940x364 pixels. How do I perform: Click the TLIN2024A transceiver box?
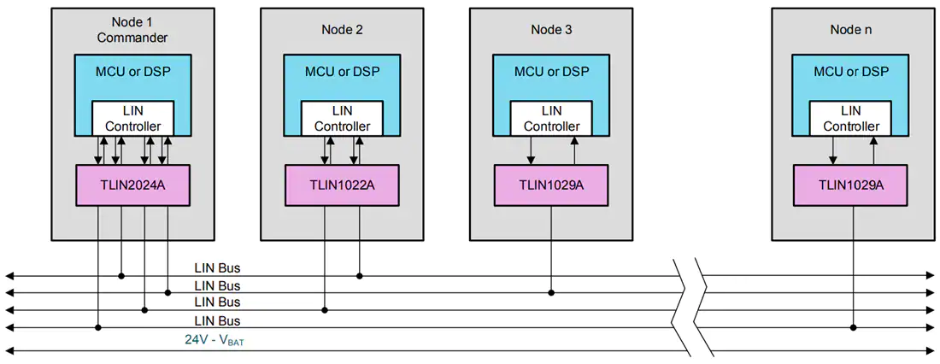pyautogui.click(x=132, y=185)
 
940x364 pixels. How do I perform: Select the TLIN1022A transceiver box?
pyautogui.click(x=342, y=185)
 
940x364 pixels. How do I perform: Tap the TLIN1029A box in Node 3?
pyautogui.click(x=551, y=185)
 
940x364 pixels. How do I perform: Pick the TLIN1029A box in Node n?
pyautogui.click(x=850, y=185)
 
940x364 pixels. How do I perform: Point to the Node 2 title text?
pyautogui.click(x=342, y=29)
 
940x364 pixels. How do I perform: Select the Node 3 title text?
pyautogui.click(x=551, y=29)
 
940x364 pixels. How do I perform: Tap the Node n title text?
pyautogui.click(x=850, y=29)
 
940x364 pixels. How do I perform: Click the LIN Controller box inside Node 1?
pyautogui.click(x=132, y=118)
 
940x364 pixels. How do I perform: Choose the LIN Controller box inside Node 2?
pyautogui.click(x=342, y=118)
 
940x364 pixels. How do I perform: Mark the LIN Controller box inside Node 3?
pyautogui.click(x=551, y=118)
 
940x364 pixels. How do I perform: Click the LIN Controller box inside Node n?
pyautogui.click(x=850, y=118)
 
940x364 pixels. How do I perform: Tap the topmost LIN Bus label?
pyautogui.click(x=217, y=267)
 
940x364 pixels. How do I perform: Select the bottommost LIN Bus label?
pyautogui.click(x=217, y=320)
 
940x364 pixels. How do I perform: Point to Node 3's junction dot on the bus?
pyautogui.click(x=551, y=292)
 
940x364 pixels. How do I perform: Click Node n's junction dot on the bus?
pyautogui.click(x=853, y=327)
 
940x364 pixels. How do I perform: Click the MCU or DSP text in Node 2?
pyautogui.click(x=342, y=72)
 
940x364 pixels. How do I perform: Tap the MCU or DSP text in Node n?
pyautogui.click(x=850, y=72)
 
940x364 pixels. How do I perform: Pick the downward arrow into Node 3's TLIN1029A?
pyautogui.click(x=531, y=150)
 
